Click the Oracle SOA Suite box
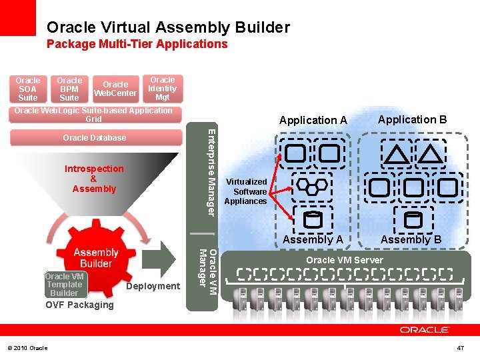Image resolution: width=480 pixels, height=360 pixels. click(27, 89)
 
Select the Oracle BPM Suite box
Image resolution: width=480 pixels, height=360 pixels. click(69, 89)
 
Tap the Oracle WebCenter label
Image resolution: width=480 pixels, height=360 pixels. click(115, 89)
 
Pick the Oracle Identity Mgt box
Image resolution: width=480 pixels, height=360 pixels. click(162, 89)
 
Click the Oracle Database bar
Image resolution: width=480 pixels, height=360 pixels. click(94, 138)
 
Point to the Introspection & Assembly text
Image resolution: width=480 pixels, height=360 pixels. click(94, 179)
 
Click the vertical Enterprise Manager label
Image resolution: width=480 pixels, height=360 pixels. click(209, 171)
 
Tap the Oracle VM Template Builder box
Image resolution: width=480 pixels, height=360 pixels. click(64, 285)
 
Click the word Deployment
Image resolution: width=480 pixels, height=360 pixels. click(153, 286)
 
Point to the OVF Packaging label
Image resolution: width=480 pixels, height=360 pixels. click(79, 305)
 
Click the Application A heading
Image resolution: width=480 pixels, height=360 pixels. click(313, 120)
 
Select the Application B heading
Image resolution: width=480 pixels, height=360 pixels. click(412, 119)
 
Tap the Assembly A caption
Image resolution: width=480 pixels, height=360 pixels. click(313, 239)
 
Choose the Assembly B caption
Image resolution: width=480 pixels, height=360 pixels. click(411, 239)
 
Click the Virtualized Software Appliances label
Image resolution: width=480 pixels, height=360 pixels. click(245, 191)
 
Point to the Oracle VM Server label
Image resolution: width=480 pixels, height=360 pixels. click(344, 260)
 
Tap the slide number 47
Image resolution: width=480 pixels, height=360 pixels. click(460, 348)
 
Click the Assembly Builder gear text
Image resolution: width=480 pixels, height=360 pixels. click(95, 257)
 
